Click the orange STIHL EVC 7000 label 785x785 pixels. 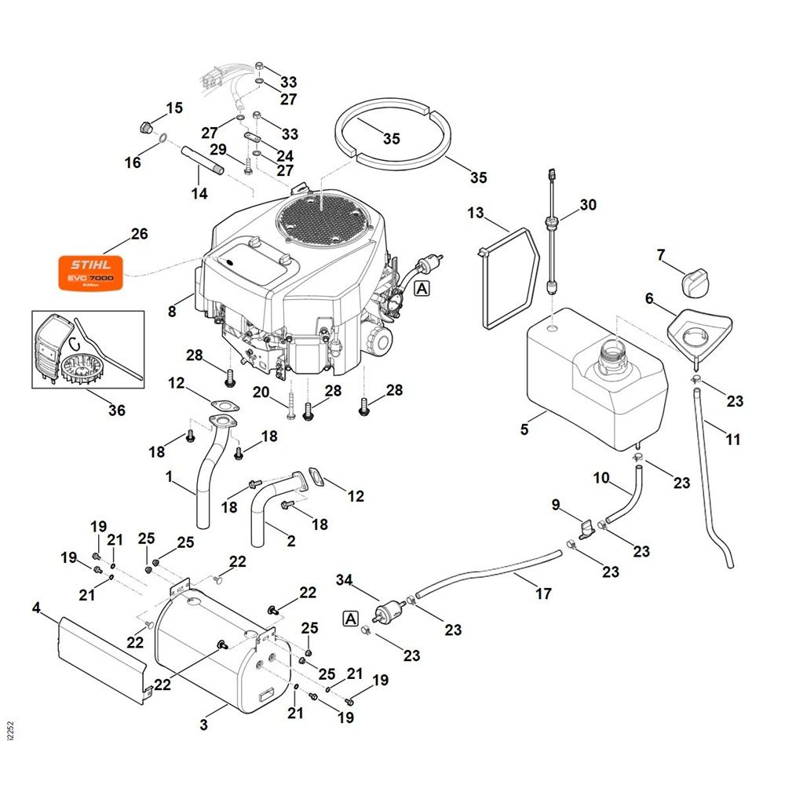pos(87,272)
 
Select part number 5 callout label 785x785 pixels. pos(524,429)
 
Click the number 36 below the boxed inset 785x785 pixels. pos(116,410)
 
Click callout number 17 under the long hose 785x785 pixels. pos(543,593)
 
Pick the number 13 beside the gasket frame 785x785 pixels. pos(476,213)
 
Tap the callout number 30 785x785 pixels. pos(588,205)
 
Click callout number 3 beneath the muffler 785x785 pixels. pos(204,725)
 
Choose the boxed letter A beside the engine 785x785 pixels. pos(422,289)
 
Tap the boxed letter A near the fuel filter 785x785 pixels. pos(350,619)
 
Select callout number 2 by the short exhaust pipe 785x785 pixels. pos(291,540)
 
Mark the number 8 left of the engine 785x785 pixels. pos(172,312)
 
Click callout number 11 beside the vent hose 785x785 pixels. pos(732,440)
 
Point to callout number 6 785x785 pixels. pos(649,298)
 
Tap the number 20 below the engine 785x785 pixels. pos(261,392)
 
